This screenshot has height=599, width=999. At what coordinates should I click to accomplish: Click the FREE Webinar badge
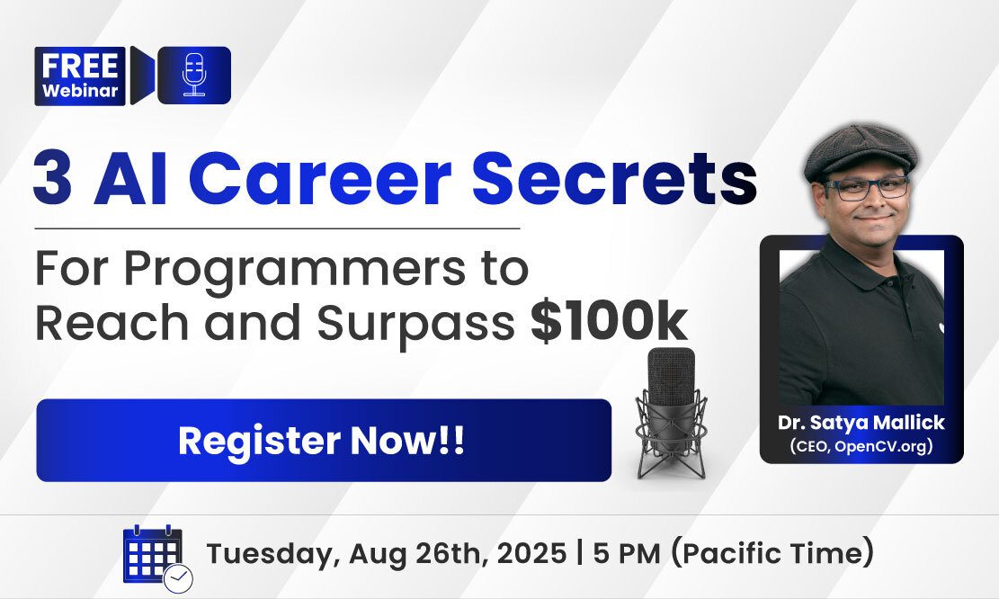(80, 76)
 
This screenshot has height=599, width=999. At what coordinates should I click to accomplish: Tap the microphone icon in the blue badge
(193, 76)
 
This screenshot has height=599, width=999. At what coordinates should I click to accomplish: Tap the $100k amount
(609, 323)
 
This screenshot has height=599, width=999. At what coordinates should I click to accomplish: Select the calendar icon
(157, 557)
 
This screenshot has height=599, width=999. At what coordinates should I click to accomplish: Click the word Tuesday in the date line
(272, 554)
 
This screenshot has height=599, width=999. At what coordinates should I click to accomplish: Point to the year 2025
(531, 553)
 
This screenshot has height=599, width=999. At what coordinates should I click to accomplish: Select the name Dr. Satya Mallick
(861, 423)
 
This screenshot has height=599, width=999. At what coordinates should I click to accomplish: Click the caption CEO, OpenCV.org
(861, 445)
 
